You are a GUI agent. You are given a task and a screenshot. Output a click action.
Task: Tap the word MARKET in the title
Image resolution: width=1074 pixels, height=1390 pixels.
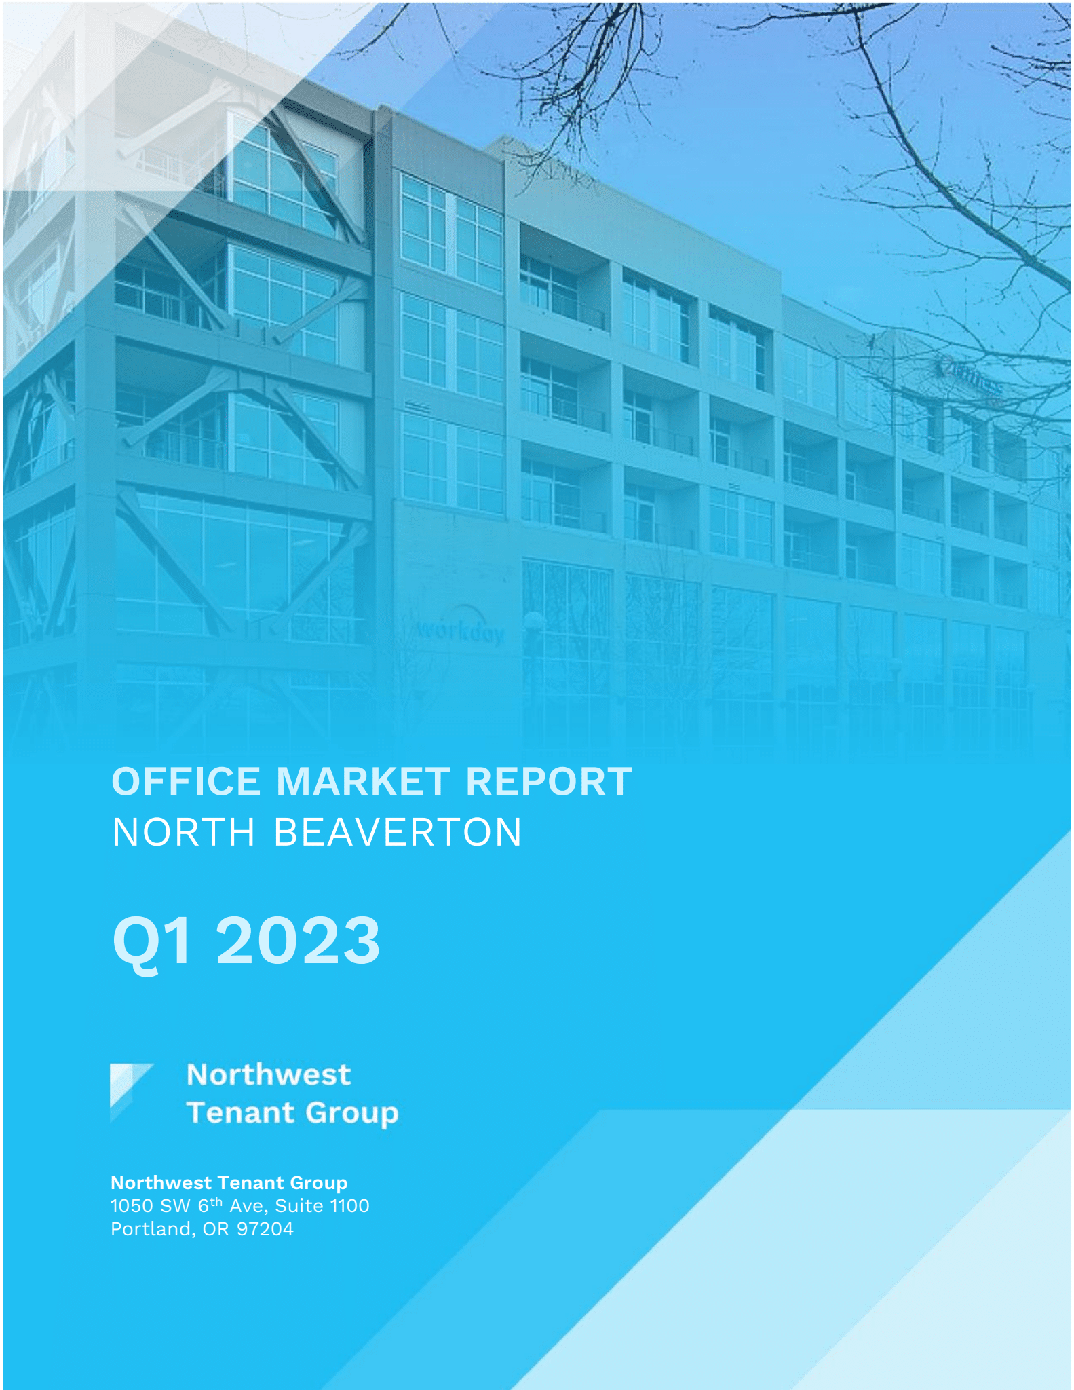(x=363, y=781)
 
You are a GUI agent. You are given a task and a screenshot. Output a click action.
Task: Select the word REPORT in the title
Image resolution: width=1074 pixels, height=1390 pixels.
(x=549, y=781)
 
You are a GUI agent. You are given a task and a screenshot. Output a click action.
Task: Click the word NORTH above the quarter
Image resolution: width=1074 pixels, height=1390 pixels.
(x=184, y=832)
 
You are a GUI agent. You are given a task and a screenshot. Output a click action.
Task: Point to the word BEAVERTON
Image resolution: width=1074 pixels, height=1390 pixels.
(x=398, y=832)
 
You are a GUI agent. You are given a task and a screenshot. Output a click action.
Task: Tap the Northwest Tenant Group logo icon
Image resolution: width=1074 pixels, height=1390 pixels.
(x=130, y=1092)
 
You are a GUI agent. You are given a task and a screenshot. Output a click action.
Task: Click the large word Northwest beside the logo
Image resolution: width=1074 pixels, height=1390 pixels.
(x=269, y=1074)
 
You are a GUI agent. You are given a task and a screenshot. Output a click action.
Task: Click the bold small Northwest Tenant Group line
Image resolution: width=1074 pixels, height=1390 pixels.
(x=229, y=1182)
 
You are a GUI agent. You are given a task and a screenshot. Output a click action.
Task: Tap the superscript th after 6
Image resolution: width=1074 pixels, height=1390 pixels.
(x=216, y=1202)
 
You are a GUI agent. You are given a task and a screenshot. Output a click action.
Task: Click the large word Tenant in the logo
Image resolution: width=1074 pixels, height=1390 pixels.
(x=241, y=1113)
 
